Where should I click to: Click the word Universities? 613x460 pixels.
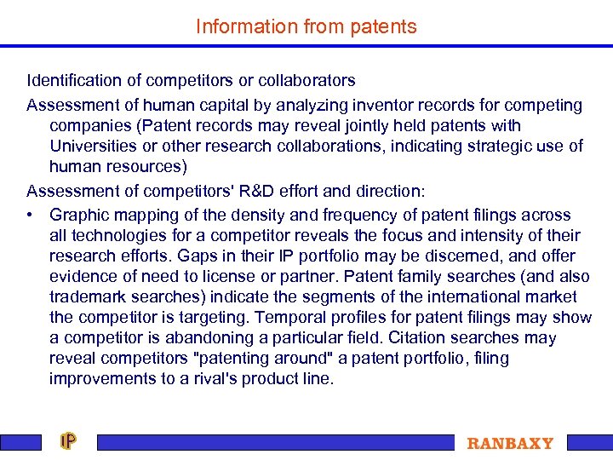[x=95, y=146]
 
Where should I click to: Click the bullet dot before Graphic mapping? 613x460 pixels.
[x=31, y=216]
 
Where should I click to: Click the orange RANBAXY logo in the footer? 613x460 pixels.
[x=510, y=443]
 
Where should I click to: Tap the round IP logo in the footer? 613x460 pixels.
[x=68, y=441]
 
